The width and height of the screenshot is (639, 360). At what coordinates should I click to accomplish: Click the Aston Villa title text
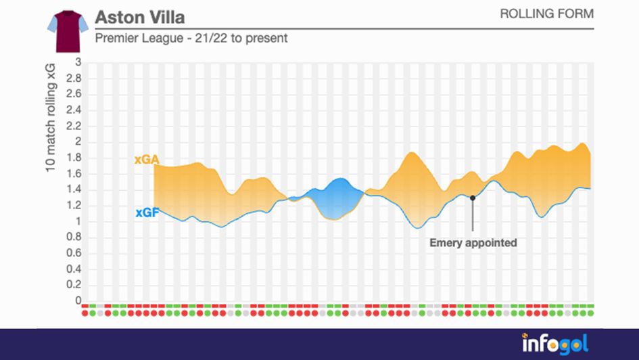pos(139,16)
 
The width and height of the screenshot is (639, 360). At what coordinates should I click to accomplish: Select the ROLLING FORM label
pos(546,14)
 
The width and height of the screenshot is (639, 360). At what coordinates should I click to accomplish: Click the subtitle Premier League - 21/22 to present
pos(191,39)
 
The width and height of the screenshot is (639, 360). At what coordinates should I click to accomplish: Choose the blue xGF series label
pos(146,212)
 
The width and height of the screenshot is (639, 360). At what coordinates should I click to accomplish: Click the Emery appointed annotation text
pos(473,242)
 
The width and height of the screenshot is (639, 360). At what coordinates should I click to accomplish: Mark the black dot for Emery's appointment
pos(473,198)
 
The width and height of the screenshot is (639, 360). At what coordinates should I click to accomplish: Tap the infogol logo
pos(554,344)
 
